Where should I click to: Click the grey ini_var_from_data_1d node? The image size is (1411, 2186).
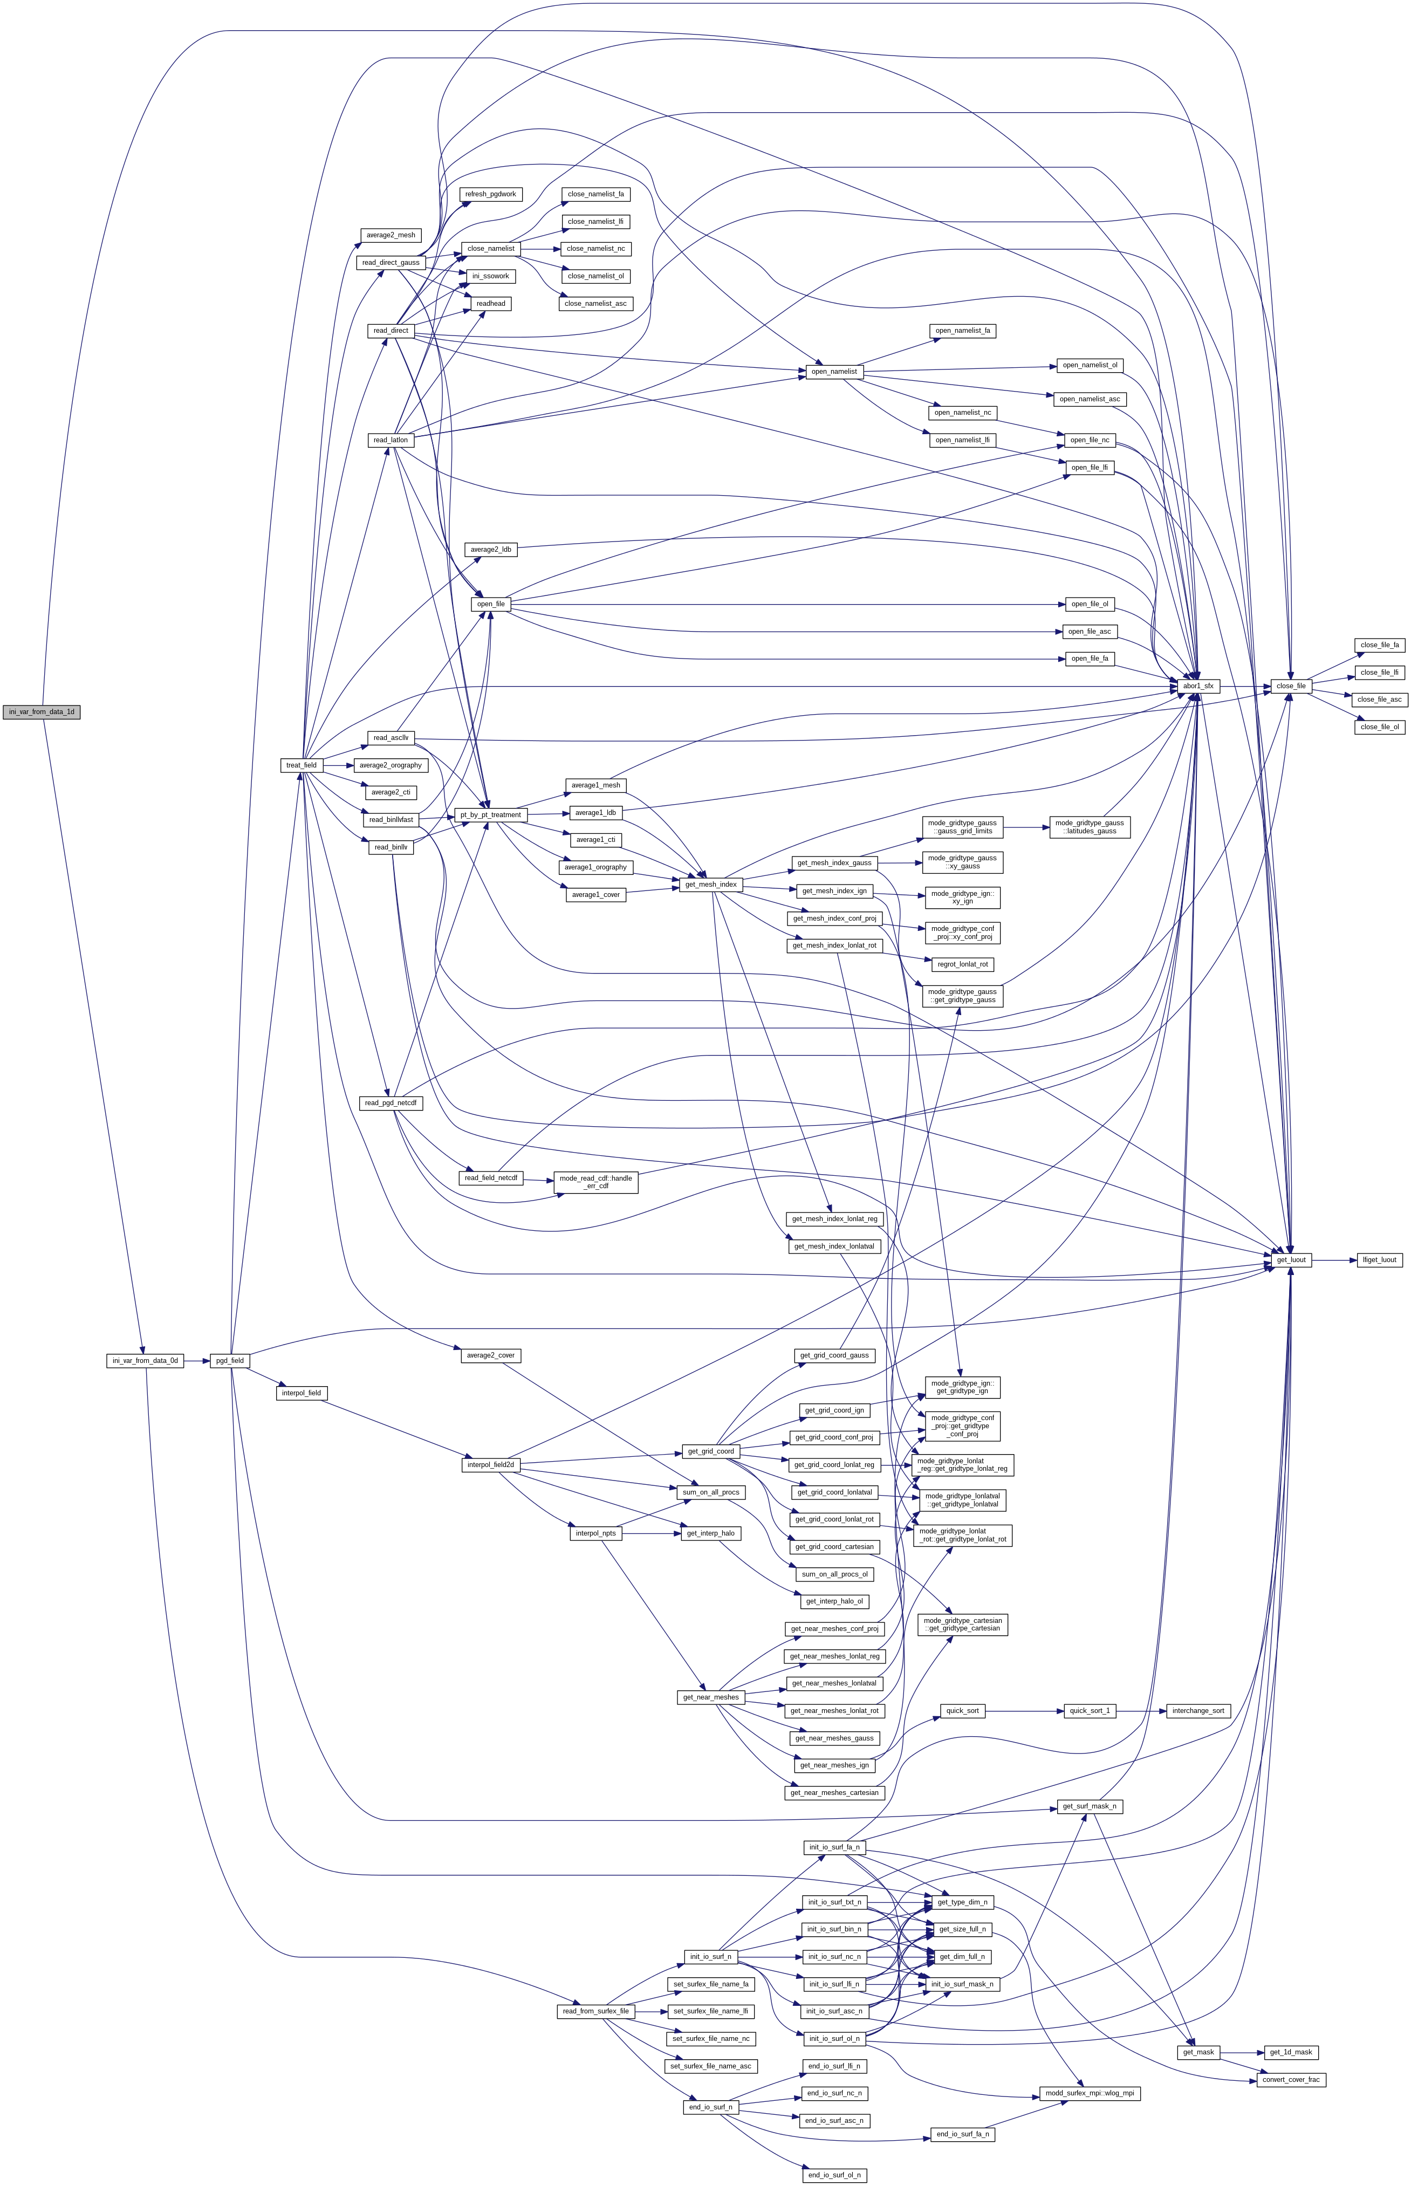41,712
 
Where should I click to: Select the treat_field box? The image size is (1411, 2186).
302,765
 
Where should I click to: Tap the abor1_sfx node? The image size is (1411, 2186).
1197,686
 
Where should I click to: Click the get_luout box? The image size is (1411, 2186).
1291,1260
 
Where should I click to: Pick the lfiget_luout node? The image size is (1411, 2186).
1379,1260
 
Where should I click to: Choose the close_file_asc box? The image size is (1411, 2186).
1380,699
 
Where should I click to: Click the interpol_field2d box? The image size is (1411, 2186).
490,1465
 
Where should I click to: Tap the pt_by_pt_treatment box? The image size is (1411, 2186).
491,814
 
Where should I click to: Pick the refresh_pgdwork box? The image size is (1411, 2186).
490,194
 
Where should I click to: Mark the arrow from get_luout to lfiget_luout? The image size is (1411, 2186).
1334,1260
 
